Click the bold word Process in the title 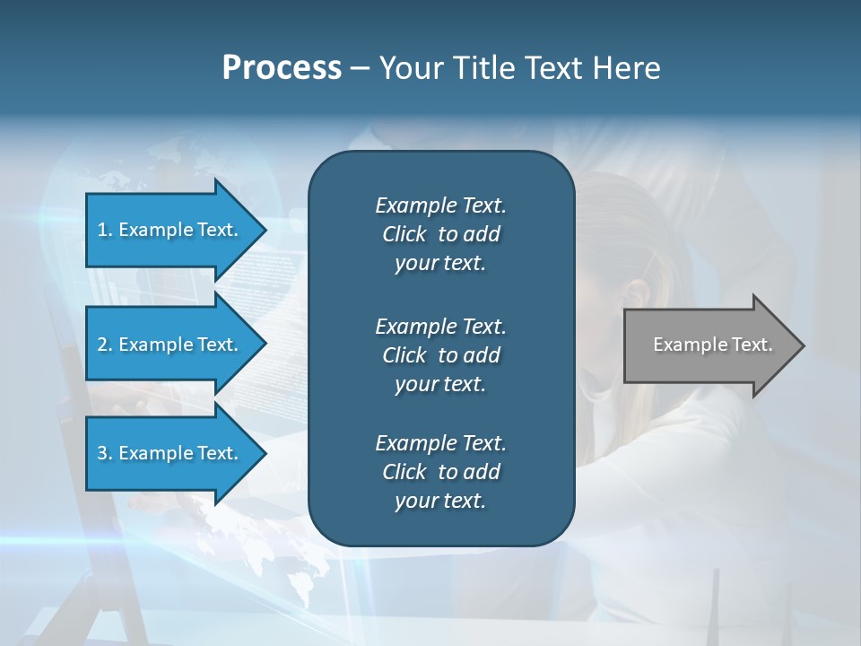point(282,68)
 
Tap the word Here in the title point(625,68)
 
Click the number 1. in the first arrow point(105,230)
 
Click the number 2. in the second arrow point(105,345)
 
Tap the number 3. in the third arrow point(105,453)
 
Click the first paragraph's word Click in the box point(404,234)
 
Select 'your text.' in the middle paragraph point(440,384)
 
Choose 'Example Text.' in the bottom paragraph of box point(440,443)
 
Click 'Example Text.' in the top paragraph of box point(440,205)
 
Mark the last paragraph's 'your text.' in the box point(440,501)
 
